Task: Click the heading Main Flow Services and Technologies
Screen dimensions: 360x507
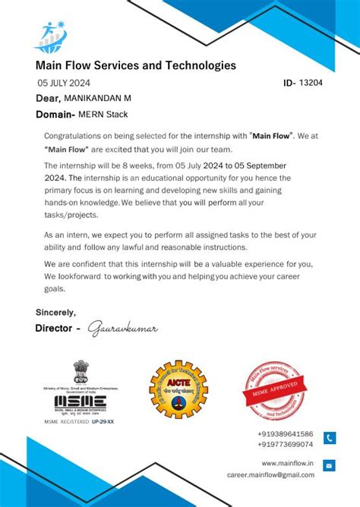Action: (x=135, y=66)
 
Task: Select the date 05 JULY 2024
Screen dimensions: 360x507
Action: (x=64, y=83)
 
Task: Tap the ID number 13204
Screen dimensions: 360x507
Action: (x=311, y=83)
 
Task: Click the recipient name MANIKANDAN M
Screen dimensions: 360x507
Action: (x=97, y=99)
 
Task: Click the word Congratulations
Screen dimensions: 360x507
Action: (x=72, y=135)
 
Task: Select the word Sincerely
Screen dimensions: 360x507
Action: (x=55, y=312)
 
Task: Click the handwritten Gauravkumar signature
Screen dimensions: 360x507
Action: (x=122, y=329)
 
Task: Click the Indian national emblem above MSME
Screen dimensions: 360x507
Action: (x=80, y=371)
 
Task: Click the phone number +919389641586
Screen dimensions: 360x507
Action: (x=285, y=433)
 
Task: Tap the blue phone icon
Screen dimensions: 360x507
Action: (x=330, y=438)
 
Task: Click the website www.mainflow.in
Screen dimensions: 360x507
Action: (x=287, y=463)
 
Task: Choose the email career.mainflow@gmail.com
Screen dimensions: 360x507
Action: (x=270, y=474)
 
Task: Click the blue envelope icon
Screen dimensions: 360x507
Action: (x=330, y=466)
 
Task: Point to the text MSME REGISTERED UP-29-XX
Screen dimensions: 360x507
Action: (x=79, y=421)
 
